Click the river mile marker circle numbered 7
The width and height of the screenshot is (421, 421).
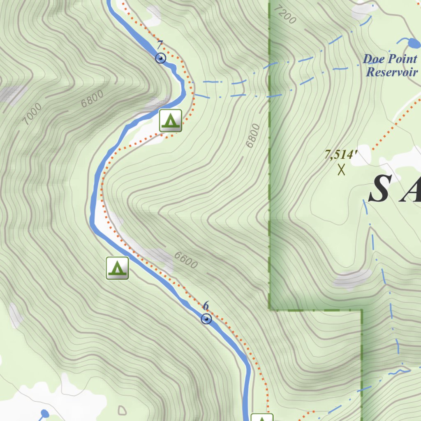[x=161, y=58]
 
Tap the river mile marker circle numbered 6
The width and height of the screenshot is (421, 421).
[x=206, y=319]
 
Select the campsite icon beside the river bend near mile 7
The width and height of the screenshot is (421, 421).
[x=171, y=120]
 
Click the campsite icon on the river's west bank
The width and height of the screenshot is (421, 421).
[x=117, y=268]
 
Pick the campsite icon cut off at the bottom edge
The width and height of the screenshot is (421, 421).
[x=261, y=417]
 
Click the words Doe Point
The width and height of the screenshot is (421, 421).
[x=390, y=59]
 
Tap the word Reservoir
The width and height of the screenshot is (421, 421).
[x=392, y=72]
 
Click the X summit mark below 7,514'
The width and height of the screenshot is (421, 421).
[x=341, y=169]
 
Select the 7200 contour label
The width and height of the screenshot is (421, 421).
[x=285, y=15]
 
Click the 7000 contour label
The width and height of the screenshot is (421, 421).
[x=32, y=114]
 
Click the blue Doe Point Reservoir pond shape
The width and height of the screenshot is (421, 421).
[x=412, y=42]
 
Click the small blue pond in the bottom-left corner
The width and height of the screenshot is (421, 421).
[x=45, y=413]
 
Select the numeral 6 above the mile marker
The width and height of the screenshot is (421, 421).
[x=206, y=306]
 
